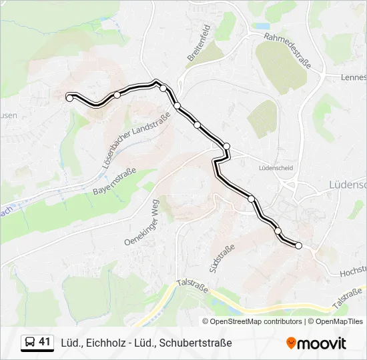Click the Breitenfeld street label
click(199, 44)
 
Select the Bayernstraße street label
click(115, 181)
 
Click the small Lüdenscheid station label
click(276, 168)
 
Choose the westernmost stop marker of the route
click(69, 98)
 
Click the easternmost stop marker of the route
click(298, 246)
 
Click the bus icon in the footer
click(30, 343)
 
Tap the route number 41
click(45, 342)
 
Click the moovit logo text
click(322, 343)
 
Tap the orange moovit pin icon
click(291, 343)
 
